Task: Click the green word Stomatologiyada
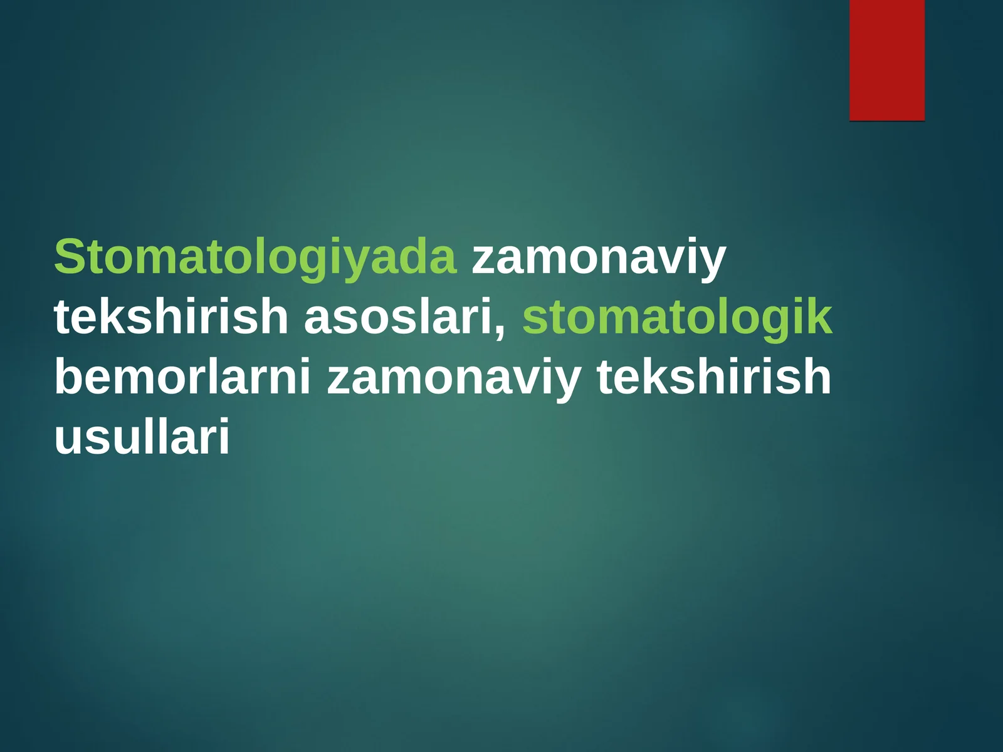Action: pyautogui.click(x=255, y=257)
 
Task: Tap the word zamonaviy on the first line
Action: pyautogui.click(x=598, y=257)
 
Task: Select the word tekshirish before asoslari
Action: pyautogui.click(x=171, y=316)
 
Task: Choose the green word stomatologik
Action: pyautogui.click(x=677, y=316)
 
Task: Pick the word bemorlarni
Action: pyautogui.click(x=182, y=376)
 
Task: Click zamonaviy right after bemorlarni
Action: pyautogui.click(x=454, y=376)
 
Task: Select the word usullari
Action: pyautogui.click(x=142, y=436)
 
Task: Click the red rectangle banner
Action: pyautogui.click(x=886, y=60)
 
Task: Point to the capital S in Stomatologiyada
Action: pyautogui.click(x=70, y=257)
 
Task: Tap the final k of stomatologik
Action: pyautogui.click(x=822, y=316)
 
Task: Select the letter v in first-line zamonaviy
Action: pyautogui.click(x=673, y=259)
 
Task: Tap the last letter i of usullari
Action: pyautogui.click(x=224, y=436)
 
